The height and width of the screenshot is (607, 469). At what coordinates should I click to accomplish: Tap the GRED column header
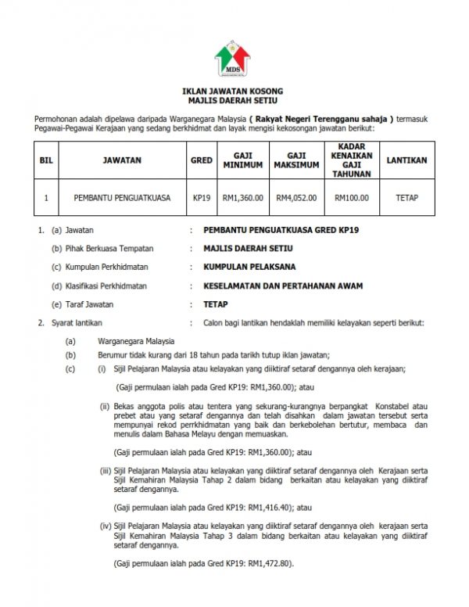point(202,160)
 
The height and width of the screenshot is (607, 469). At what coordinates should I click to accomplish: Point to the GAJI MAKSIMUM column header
point(296,160)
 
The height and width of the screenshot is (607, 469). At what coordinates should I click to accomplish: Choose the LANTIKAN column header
point(406,160)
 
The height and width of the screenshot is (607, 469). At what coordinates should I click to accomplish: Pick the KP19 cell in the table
point(202,198)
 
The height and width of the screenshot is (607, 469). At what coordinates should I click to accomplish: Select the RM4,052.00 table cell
point(296,198)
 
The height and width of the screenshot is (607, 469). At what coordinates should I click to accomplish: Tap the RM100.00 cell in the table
point(352,198)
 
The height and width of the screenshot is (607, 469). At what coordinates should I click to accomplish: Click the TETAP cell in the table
point(406,198)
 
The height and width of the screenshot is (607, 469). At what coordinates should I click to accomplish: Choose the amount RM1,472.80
point(267,563)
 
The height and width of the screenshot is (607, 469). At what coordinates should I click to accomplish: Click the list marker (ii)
point(104,406)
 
